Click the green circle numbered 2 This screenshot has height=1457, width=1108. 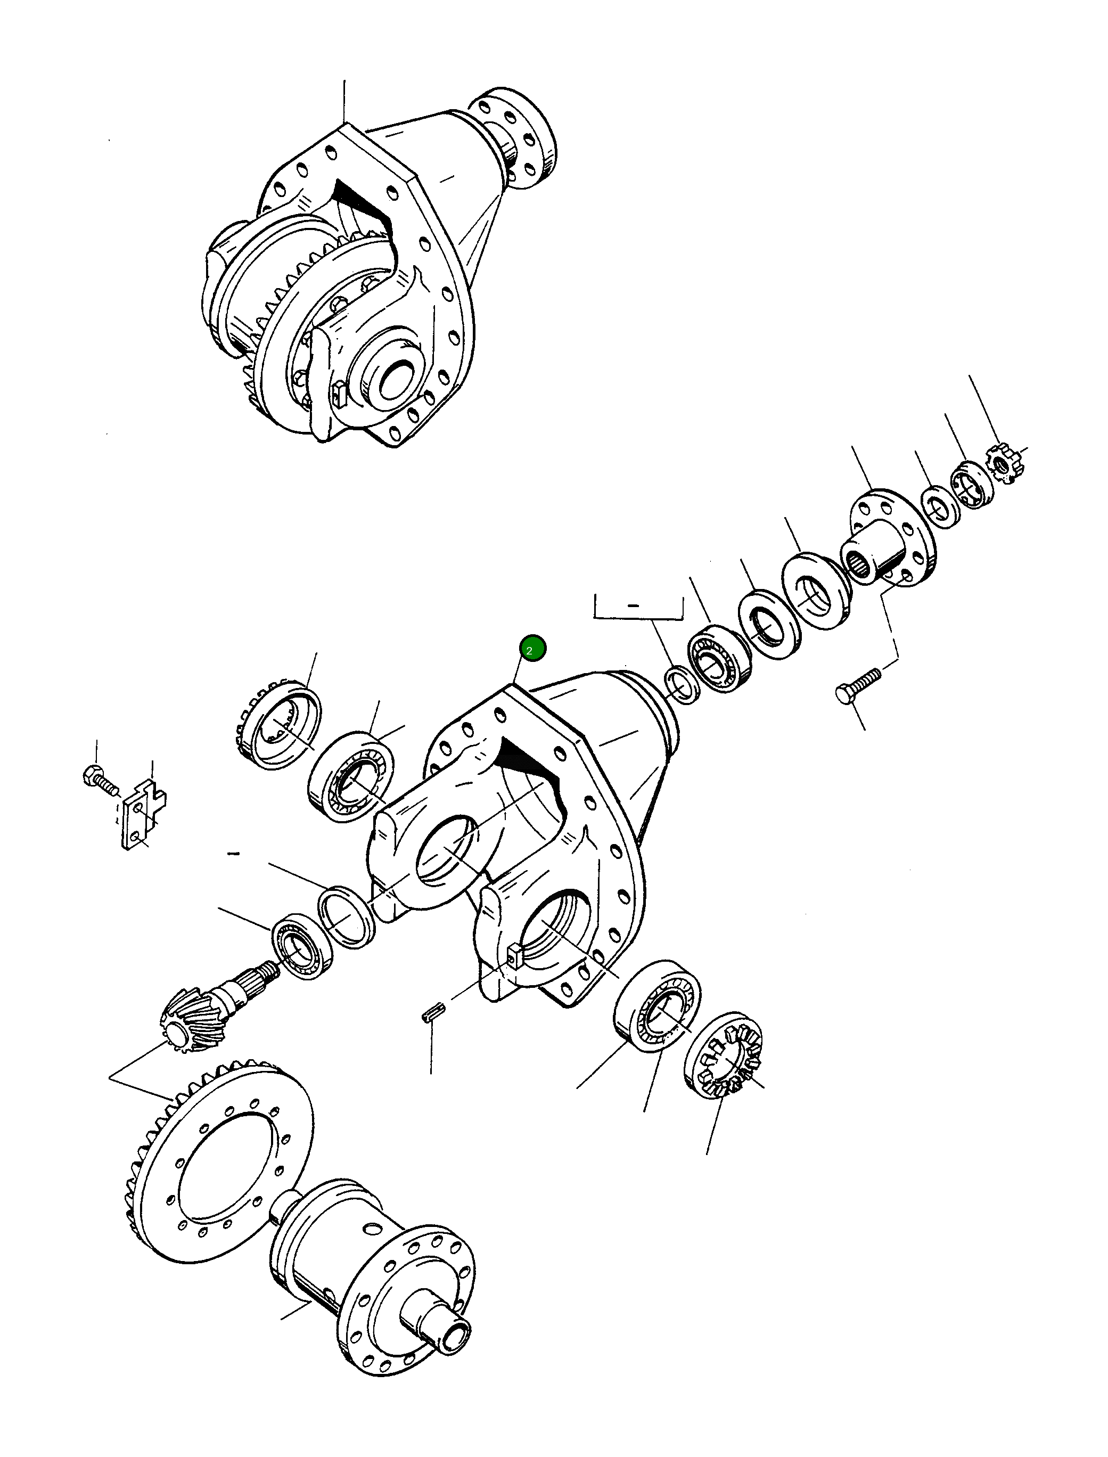(x=531, y=649)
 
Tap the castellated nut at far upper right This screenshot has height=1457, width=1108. (x=1005, y=464)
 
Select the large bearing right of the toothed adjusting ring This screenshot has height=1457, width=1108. (x=351, y=776)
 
